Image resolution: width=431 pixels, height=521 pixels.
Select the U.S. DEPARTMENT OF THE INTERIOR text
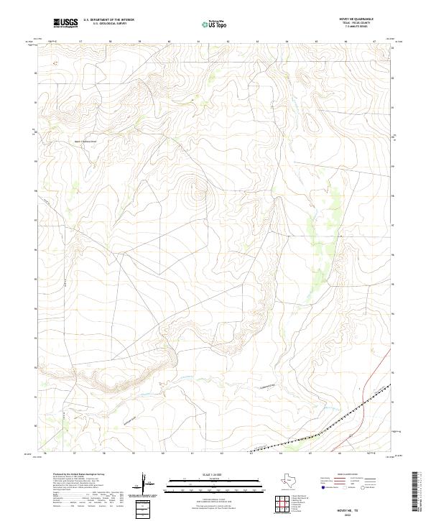click(108, 20)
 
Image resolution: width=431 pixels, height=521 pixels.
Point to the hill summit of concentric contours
click(195, 191)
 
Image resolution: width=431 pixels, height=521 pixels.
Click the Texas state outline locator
click(293, 480)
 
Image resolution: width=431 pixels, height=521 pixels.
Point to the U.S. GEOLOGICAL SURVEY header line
click(108, 24)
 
